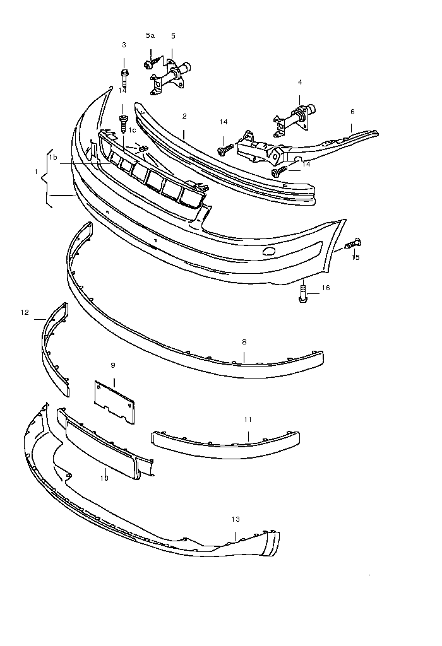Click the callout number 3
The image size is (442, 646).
pos(124,45)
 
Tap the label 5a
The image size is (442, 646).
pos(150,35)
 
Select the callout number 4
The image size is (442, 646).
pos(300,82)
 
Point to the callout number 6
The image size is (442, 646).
pos(352,112)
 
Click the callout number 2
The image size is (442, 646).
pos(184,116)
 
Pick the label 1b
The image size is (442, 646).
pos(53,157)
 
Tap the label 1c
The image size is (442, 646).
pos(132,130)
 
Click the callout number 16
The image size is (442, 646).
pos(326,288)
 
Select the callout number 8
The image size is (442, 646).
pos(244,341)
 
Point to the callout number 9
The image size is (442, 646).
pos(113,365)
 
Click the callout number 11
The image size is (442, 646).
pos(248,420)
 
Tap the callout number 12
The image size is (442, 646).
pos(25,312)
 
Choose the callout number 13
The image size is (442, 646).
pos(236,519)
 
